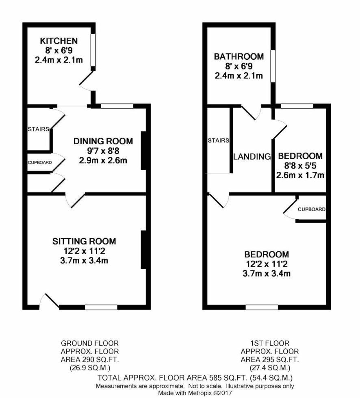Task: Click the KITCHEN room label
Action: [x=59, y=41]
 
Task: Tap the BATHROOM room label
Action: [x=239, y=56]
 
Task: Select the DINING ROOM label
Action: [x=103, y=141]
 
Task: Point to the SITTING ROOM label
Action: [x=84, y=241]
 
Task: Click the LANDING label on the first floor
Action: [x=252, y=157]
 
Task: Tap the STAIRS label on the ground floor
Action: [x=38, y=129]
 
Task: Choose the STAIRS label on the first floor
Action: [x=218, y=141]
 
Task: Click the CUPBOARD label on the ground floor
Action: [x=40, y=162]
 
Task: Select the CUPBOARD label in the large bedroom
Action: [x=312, y=209]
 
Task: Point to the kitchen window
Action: [x=93, y=50]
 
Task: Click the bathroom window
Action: [x=273, y=66]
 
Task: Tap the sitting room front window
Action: [x=101, y=307]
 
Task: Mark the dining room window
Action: [x=117, y=106]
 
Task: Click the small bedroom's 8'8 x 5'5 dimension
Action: [x=300, y=166]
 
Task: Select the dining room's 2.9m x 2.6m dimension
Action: [x=103, y=160]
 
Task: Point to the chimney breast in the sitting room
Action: [x=143, y=249]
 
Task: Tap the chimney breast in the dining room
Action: [x=143, y=150]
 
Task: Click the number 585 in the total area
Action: [x=215, y=378]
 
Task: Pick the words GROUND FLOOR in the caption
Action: [x=90, y=343]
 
